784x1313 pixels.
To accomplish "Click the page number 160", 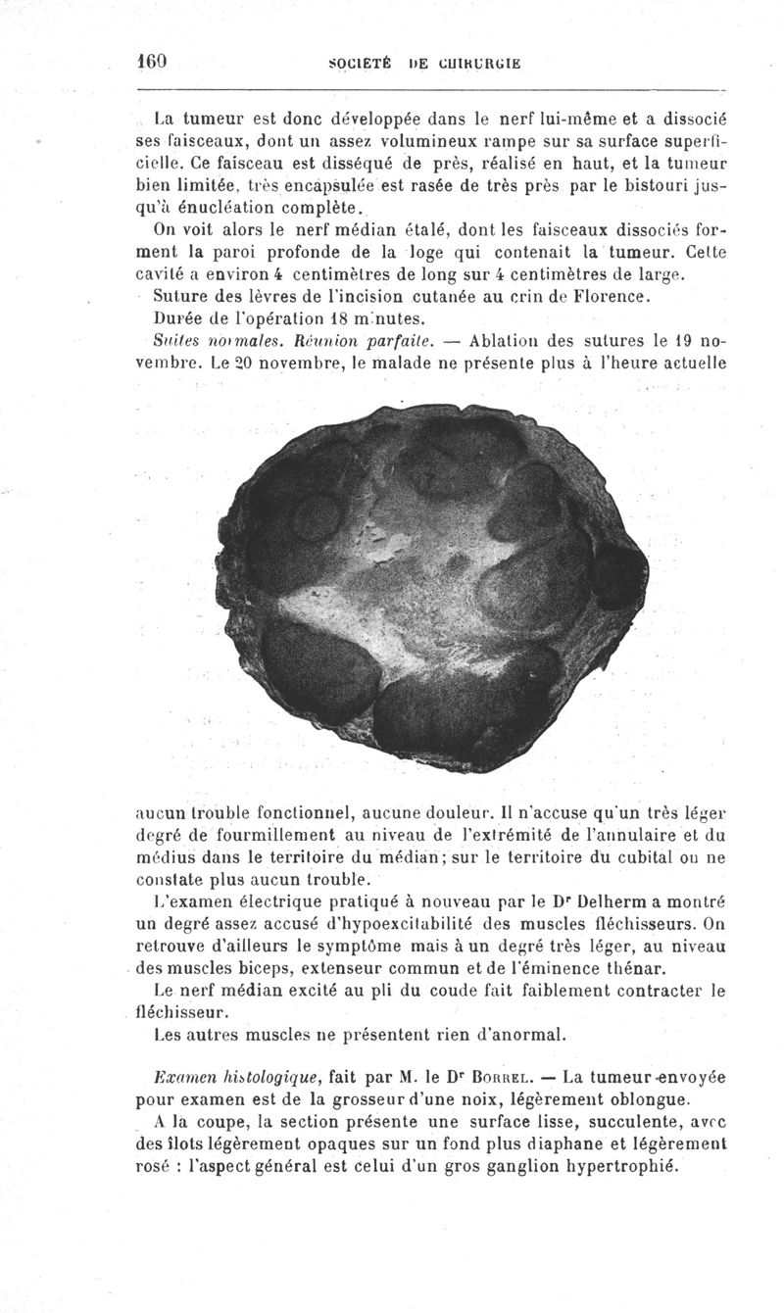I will pos(154,60).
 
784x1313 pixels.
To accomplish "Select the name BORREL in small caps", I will pos(514,1077).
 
